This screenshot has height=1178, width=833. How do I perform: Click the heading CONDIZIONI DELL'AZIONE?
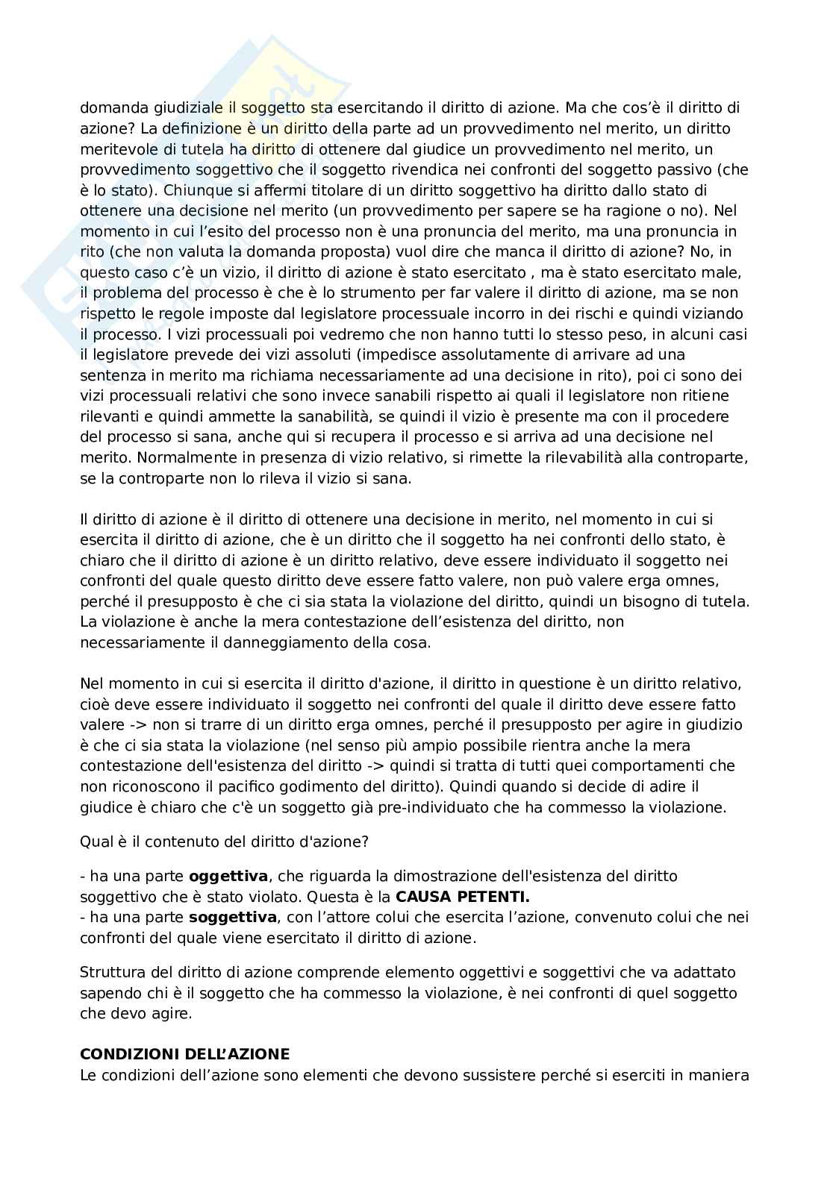[184, 1054]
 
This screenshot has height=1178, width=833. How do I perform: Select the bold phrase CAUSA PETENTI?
[462, 896]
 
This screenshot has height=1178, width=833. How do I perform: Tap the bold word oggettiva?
[228, 875]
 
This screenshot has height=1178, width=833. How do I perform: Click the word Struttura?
[110, 972]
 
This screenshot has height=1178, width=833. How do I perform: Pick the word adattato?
[704, 972]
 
